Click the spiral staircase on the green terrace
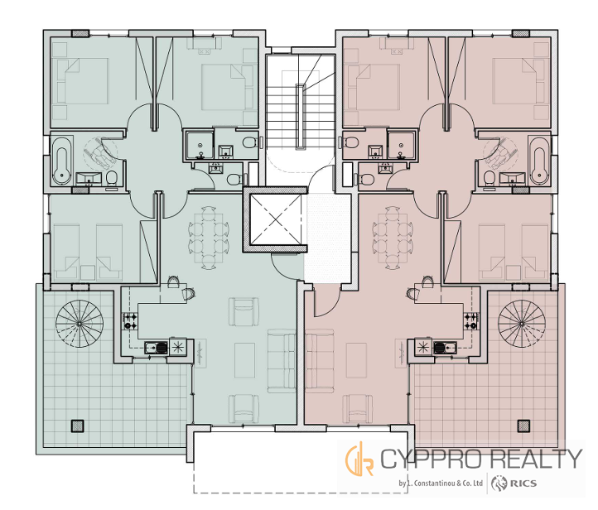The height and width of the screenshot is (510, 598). pyautogui.click(x=80, y=324)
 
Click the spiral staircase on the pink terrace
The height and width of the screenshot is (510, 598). pyautogui.click(x=522, y=324)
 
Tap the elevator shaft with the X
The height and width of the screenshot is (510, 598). pyautogui.click(x=275, y=219)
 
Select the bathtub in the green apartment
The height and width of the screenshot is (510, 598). pyautogui.click(x=62, y=161)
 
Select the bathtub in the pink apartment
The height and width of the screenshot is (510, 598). pyautogui.click(x=539, y=161)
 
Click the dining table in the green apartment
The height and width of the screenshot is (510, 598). pyautogui.click(x=209, y=238)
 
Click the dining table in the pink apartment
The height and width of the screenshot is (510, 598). pyautogui.click(x=393, y=238)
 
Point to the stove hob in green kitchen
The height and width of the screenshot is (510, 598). pyautogui.click(x=130, y=321)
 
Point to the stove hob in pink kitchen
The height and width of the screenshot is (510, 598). pyautogui.click(x=471, y=321)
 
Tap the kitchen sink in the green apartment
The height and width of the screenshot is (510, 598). pyautogui.click(x=156, y=347)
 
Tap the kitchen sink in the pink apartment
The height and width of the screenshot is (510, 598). pyautogui.click(x=445, y=347)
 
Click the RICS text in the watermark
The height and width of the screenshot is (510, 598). pyautogui.click(x=523, y=484)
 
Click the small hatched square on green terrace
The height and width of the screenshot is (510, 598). pyautogui.click(x=77, y=426)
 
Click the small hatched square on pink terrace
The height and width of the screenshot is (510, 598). pyautogui.click(x=523, y=426)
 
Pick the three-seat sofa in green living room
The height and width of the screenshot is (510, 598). pyautogui.click(x=282, y=361)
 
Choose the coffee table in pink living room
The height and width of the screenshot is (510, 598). pyautogui.click(x=356, y=360)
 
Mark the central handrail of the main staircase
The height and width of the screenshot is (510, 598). pyautogui.click(x=301, y=116)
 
